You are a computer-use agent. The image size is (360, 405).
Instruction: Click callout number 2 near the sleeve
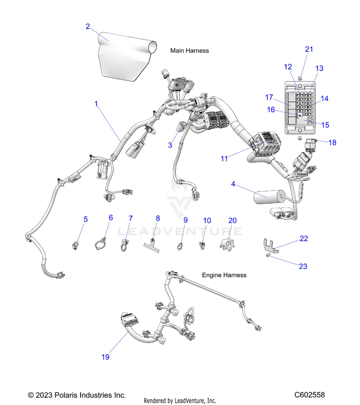pos(88,26)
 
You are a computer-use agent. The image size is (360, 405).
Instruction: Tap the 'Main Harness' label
pos(190,50)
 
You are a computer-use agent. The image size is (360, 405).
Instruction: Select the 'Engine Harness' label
pos(224,275)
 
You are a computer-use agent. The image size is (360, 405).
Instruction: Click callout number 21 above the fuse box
pos(309,49)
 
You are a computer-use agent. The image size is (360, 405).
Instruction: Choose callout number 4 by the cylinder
pos(233,184)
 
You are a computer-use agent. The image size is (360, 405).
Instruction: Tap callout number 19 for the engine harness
pos(105,357)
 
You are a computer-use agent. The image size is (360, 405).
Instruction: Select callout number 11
pos(224,158)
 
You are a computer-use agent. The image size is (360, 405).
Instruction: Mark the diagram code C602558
pos(310,395)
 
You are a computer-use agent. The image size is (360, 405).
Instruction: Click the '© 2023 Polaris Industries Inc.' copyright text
pos(77,395)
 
